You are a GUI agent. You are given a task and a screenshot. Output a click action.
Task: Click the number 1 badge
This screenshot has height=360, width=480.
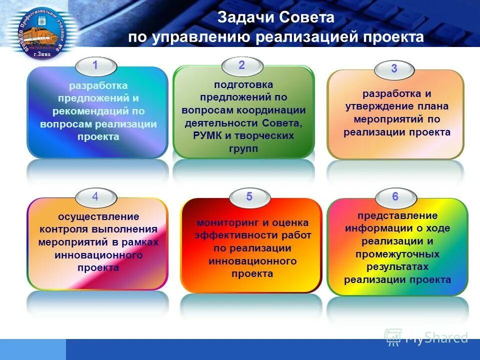[95, 65]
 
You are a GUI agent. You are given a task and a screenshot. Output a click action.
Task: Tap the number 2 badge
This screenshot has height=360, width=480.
[242, 65]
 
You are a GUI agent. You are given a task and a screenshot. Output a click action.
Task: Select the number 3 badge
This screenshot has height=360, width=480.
[394, 69]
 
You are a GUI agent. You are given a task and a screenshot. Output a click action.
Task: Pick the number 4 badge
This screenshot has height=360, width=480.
[95, 197]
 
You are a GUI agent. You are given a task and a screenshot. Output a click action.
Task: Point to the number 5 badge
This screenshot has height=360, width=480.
[249, 197]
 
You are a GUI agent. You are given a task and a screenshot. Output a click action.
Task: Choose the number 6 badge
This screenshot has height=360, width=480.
[395, 197]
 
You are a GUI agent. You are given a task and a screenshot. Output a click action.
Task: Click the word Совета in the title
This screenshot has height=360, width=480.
[306, 18]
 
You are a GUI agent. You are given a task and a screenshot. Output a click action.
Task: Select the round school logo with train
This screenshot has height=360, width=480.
[42, 30]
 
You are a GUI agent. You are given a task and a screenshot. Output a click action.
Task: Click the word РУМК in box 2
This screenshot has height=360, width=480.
[206, 136]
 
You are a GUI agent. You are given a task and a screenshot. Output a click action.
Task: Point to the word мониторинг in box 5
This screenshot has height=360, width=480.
[223, 223]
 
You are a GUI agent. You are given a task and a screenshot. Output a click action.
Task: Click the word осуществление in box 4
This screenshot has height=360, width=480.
[98, 216]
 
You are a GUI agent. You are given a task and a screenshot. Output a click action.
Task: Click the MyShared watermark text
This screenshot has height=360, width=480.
[436, 338]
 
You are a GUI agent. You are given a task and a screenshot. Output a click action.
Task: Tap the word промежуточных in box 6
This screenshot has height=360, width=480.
[397, 254]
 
